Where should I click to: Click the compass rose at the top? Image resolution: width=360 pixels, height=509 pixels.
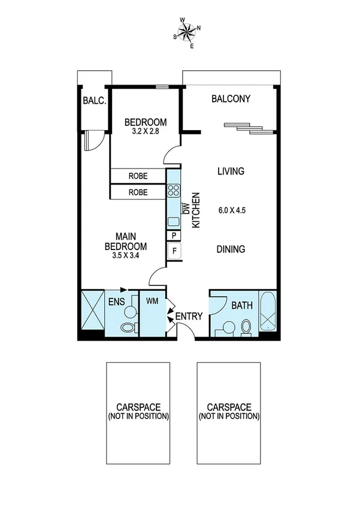(187, 32)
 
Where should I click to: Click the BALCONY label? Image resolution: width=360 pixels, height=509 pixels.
(231, 99)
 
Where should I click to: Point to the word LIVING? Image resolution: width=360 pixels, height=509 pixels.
(231, 171)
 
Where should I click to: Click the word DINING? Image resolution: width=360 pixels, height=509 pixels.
(231, 249)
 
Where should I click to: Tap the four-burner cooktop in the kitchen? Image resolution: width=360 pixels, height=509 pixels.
(174, 191)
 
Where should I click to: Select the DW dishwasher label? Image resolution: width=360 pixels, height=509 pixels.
(186, 209)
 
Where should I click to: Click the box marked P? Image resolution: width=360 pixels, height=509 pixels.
(174, 236)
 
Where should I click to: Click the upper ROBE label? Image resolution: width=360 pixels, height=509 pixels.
(138, 176)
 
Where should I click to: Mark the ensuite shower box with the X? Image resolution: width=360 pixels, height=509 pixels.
(92, 310)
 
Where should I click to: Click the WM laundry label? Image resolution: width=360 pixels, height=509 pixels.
(152, 302)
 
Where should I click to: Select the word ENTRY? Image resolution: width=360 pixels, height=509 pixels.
(189, 317)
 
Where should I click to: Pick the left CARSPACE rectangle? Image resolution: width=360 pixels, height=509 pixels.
(138, 412)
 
